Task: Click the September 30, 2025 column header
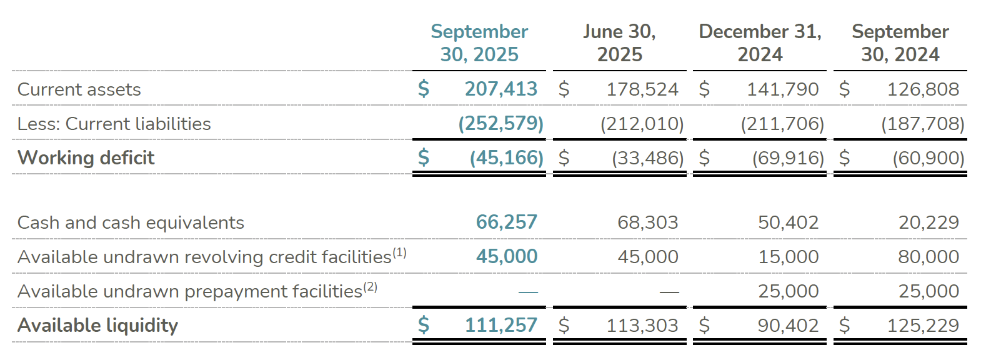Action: click(479, 43)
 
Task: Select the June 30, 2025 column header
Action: click(619, 43)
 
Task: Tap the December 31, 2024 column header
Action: click(760, 43)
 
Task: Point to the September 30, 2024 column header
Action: click(900, 43)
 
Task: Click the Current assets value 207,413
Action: click(500, 89)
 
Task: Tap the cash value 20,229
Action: click(929, 222)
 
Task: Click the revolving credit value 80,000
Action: click(929, 257)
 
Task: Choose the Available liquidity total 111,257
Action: click(500, 325)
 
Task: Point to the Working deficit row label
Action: click(86, 158)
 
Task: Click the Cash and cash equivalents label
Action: click(131, 223)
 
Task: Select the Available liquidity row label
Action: click(98, 326)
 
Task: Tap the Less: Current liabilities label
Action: click(114, 124)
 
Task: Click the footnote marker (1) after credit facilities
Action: click(400, 252)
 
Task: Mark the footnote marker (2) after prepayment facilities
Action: click(371, 287)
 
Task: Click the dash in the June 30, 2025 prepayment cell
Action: click(669, 292)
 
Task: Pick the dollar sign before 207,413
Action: click(424, 89)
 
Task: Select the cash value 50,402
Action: click(788, 222)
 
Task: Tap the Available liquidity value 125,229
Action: click(923, 326)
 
